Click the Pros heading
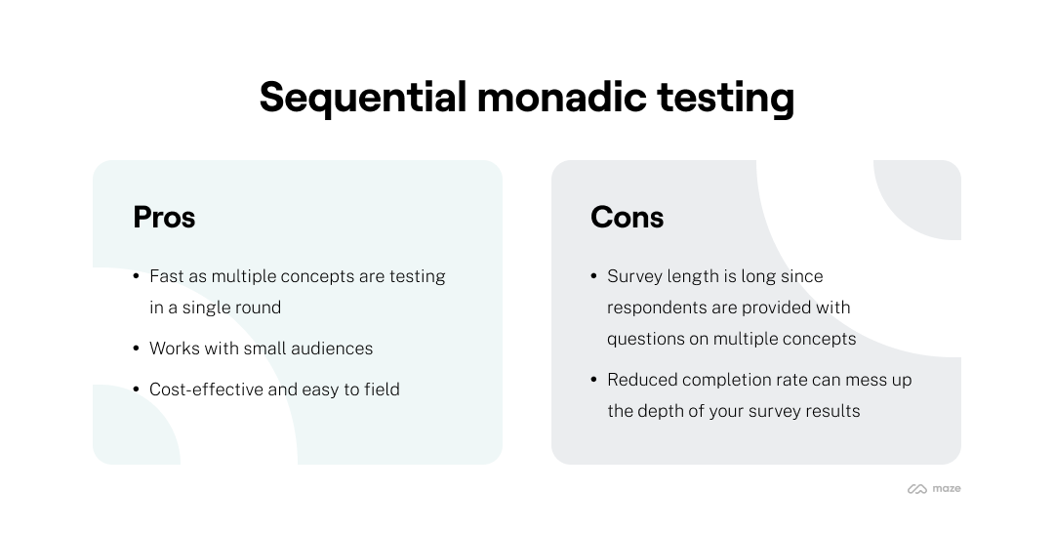pyautogui.click(x=164, y=217)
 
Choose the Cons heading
pyautogui.click(x=627, y=217)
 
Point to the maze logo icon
pyautogui.click(x=916, y=489)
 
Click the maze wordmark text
pyautogui.click(x=947, y=488)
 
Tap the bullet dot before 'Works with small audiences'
pyautogui.click(x=137, y=348)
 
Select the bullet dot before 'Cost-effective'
pyautogui.click(x=137, y=389)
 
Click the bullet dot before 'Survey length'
pyautogui.click(x=594, y=276)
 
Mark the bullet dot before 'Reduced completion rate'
pyautogui.click(x=594, y=380)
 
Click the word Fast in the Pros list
pyautogui.click(x=167, y=276)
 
